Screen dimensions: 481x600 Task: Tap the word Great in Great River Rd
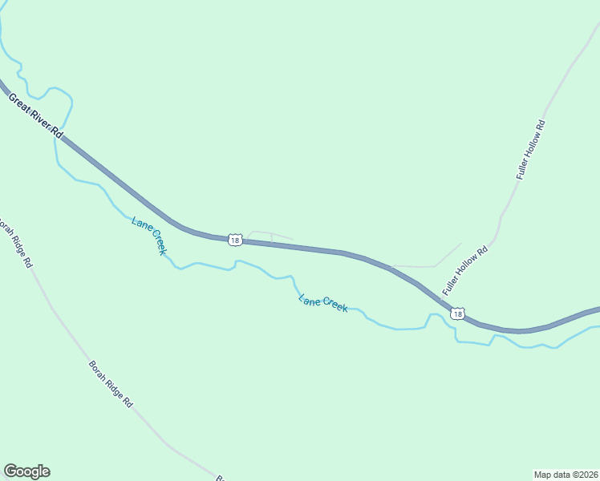[x=19, y=103]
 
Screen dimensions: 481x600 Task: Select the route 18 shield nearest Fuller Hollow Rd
[x=457, y=314]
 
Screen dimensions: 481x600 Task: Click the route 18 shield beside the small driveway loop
[x=233, y=240]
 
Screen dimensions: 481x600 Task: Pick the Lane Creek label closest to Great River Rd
[x=149, y=235]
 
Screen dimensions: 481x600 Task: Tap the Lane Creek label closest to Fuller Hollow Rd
[x=323, y=303]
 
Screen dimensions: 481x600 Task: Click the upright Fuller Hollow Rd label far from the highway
[x=530, y=148]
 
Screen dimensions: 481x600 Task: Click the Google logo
[x=26, y=471]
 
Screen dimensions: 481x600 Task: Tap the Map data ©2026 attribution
[x=566, y=474]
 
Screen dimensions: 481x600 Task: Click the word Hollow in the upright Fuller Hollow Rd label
[x=530, y=148]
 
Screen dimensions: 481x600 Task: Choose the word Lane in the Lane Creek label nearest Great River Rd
[x=140, y=224]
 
